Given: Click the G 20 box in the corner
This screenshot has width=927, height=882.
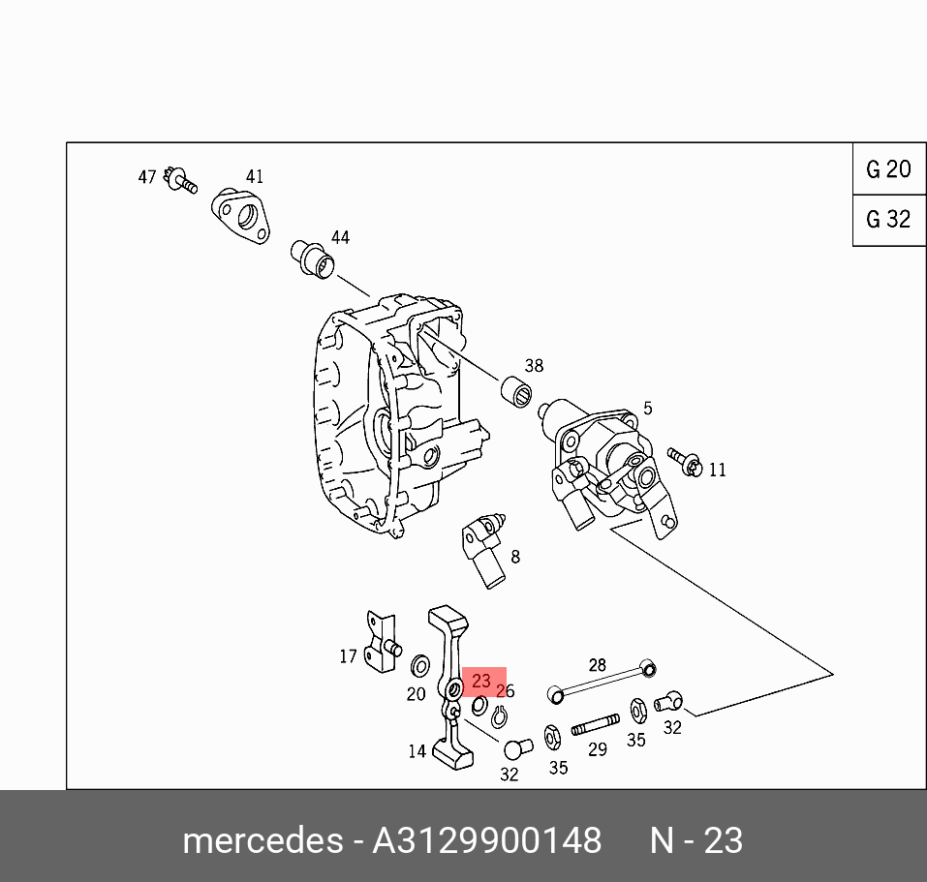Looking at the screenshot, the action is pyautogui.click(x=888, y=169).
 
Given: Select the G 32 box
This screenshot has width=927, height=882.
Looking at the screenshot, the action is pyautogui.click(x=888, y=220).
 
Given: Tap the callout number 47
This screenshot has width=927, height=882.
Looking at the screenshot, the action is pyautogui.click(x=147, y=177).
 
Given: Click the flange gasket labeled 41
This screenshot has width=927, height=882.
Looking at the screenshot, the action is pyautogui.click(x=241, y=215).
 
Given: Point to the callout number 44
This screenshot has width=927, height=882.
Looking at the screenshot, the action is pyautogui.click(x=340, y=237).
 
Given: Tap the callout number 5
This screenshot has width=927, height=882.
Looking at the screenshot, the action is pyautogui.click(x=647, y=409).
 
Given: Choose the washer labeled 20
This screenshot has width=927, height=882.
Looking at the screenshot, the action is pyautogui.click(x=421, y=666).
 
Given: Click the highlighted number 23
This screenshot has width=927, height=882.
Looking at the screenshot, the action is pyautogui.click(x=481, y=682).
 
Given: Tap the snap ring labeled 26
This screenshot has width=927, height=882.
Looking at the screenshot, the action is pyautogui.click(x=500, y=717).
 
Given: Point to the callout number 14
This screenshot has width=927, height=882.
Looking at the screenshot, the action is pyautogui.click(x=417, y=751).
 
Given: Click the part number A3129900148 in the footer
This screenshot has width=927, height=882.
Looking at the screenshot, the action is pyautogui.click(x=487, y=839).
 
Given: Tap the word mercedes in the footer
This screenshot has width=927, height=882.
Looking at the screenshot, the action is pyautogui.click(x=261, y=839).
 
